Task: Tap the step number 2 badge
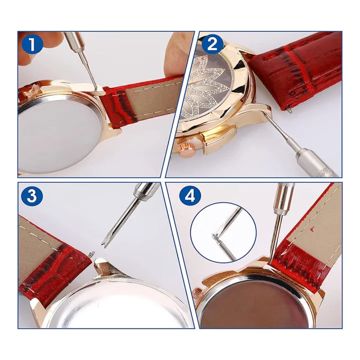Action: click(x=211, y=45)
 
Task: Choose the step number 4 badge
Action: click(x=190, y=196)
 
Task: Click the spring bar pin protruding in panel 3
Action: click(x=91, y=254)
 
